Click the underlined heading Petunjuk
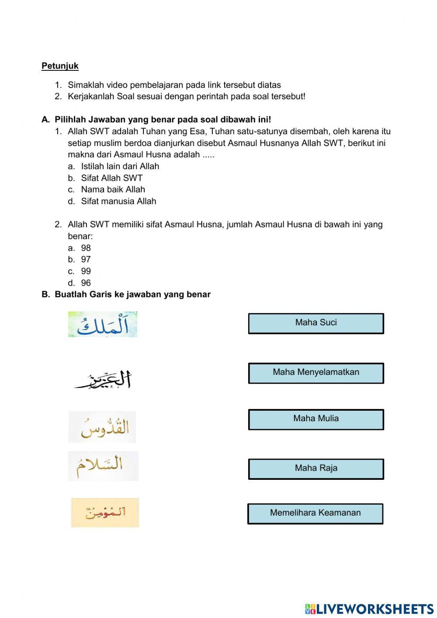(60, 66)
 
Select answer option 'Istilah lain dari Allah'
(120, 166)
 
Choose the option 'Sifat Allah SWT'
(111, 178)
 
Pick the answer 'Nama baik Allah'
(113, 189)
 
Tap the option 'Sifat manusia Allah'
(118, 201)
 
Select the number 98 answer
(86, 248)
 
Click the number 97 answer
(86, 259)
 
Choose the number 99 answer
(86, 271)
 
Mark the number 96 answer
(86, 283)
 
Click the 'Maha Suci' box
(316, 323)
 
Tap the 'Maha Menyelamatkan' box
(316, 373)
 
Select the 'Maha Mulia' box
(316, 419)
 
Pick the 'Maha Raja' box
(316, 468)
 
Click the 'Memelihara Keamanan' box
(315, 513)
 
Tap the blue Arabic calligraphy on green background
(103, 324)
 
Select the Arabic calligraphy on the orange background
(105, 512)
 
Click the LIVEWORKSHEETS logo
(369, 608)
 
